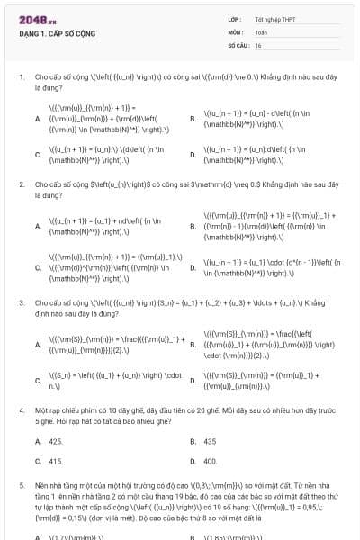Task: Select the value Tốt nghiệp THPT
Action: click(x=275, y=19)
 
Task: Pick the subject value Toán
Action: click(x=261, y=31)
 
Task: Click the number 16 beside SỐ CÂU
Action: click(x=258, y=44)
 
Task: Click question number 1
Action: click(x=21, y=77)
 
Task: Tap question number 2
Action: click(x=21, y=184)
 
